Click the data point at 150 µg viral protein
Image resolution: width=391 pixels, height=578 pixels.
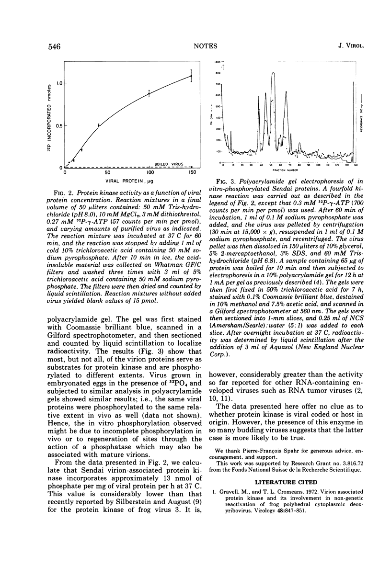(x=192, y=76)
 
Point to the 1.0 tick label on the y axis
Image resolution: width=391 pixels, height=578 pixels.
(x=58, y=83)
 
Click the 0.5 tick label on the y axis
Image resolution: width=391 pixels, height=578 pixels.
(x=58, y=125)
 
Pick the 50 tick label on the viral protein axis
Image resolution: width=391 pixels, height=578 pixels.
(x=108, y=172)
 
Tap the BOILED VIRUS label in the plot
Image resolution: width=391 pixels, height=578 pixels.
(x=163, y=164)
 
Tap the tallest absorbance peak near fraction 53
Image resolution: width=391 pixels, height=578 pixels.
(x=273, y=74)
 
